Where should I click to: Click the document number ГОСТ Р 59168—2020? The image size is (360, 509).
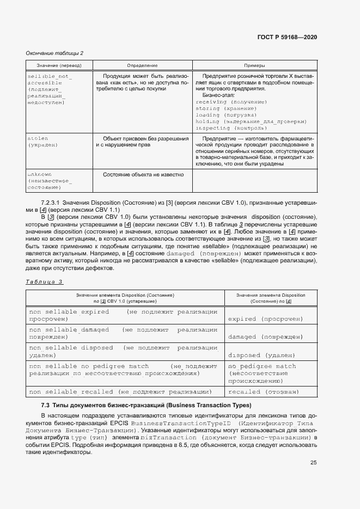287,37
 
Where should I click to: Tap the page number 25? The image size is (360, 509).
313,463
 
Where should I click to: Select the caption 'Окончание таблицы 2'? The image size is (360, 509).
55,53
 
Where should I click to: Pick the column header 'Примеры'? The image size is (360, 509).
255,65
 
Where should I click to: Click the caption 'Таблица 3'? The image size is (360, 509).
45,281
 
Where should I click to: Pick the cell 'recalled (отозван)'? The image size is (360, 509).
263,391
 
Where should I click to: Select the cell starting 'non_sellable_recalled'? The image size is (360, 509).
120,391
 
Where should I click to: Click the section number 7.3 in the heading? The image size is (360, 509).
46,406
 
